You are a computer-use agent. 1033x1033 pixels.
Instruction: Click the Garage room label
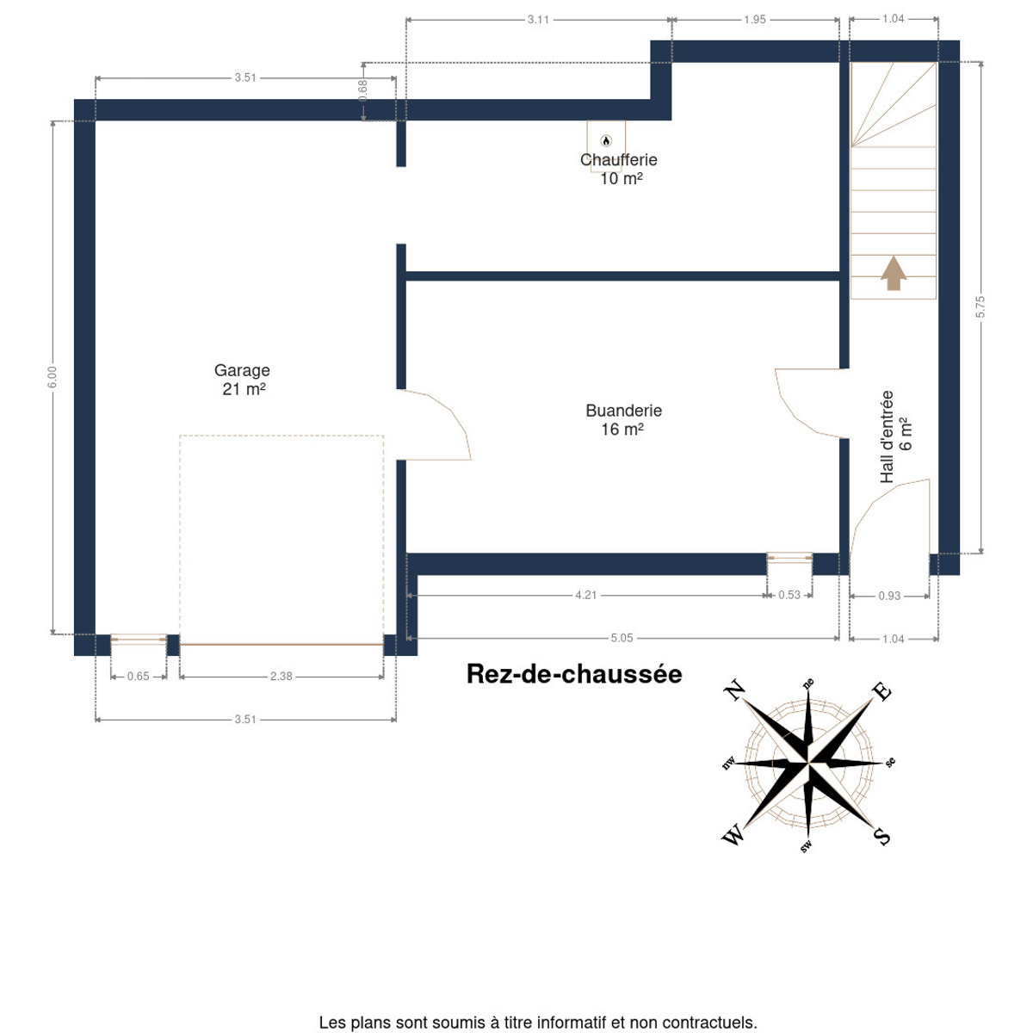tap(242, 370)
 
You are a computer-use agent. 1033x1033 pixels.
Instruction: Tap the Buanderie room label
tap(623, 410)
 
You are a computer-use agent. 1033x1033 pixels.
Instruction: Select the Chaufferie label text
tap(619, 159)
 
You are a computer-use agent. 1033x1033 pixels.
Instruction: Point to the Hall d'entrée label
tap(887, 436)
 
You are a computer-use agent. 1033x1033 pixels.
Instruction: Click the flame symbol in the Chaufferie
tap(606, 141)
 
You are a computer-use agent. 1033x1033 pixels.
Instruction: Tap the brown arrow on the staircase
tap(893, 273)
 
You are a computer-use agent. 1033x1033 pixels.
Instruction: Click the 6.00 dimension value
tap(52, 377)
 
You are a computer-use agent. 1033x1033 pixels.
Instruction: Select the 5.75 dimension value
tap(980, 306)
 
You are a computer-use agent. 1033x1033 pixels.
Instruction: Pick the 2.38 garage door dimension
tap(281, 676)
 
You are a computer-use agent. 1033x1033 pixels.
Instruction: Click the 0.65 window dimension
tap(138, 676)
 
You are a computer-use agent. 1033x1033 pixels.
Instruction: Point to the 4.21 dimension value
tap(585, 595)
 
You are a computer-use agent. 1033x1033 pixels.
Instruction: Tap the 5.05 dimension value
tap(622, 637)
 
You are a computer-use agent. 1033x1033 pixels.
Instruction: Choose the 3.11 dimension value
tap(538, 19)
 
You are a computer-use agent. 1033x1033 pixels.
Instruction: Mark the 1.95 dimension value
tap(754, 19)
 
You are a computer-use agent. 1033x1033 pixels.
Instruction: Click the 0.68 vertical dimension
tap(363, 90)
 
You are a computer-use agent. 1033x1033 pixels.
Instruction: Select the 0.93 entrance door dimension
tap(889, 596)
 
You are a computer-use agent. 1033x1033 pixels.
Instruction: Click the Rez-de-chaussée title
tap(574, 674)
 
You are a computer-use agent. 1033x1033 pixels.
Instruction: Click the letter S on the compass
tap(881, 835)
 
